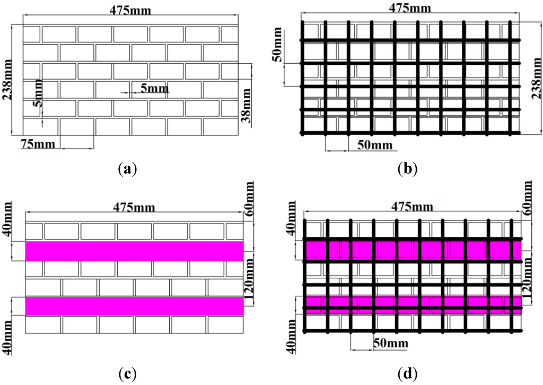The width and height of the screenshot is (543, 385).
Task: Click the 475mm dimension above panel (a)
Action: click(129, 11)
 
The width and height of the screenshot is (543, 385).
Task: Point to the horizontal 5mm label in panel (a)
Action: click(154, 89)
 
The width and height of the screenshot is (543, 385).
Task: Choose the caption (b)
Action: click(407, 169)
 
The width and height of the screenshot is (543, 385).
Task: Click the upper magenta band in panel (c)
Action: click(134, 251)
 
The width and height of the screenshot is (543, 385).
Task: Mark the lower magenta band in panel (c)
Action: click(134, 306)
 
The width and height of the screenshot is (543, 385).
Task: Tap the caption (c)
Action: click(128, 374)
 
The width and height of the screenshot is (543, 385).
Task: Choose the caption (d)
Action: click(407, 374)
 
